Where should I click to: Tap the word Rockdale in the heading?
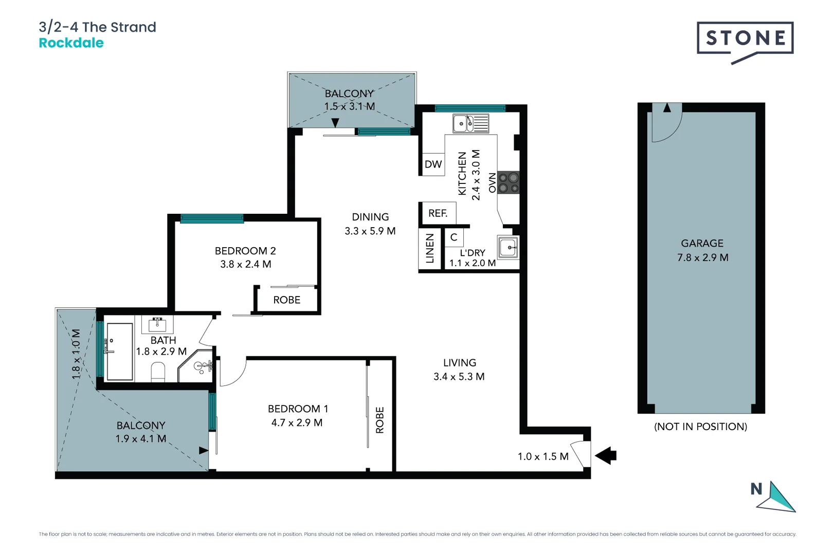tap(71, 43)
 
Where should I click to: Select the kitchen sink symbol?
tap(470, 123)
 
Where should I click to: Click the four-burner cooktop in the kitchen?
tap(509, 182)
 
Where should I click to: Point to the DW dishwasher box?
tap(433, 164)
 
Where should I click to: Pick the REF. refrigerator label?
tap(438, 213)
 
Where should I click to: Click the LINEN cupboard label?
tap(430, 249)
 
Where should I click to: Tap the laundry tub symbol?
tap(509, 247)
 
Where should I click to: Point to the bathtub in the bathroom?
tap(119, 351)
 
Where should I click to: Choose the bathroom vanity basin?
tap(157, 324)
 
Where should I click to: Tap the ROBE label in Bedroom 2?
tap(286, 300)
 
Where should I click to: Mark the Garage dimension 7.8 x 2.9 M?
tap(702, 257)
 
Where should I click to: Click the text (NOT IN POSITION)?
tap(700, 427)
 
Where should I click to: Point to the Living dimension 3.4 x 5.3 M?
tap(459, 377)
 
